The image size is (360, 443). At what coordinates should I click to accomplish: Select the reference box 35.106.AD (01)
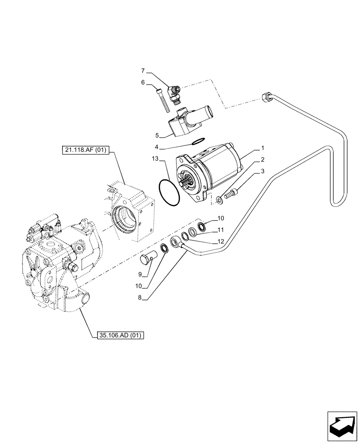coord(118,335)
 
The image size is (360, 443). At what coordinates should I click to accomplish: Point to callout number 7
coord(143,71)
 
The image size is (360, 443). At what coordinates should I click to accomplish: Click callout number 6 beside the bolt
coord(143,82)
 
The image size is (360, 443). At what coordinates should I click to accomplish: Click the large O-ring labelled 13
coord(169,193)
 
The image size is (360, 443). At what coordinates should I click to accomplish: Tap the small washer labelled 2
coord(220,202)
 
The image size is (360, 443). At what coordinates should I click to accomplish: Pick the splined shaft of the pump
coord(192,182)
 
